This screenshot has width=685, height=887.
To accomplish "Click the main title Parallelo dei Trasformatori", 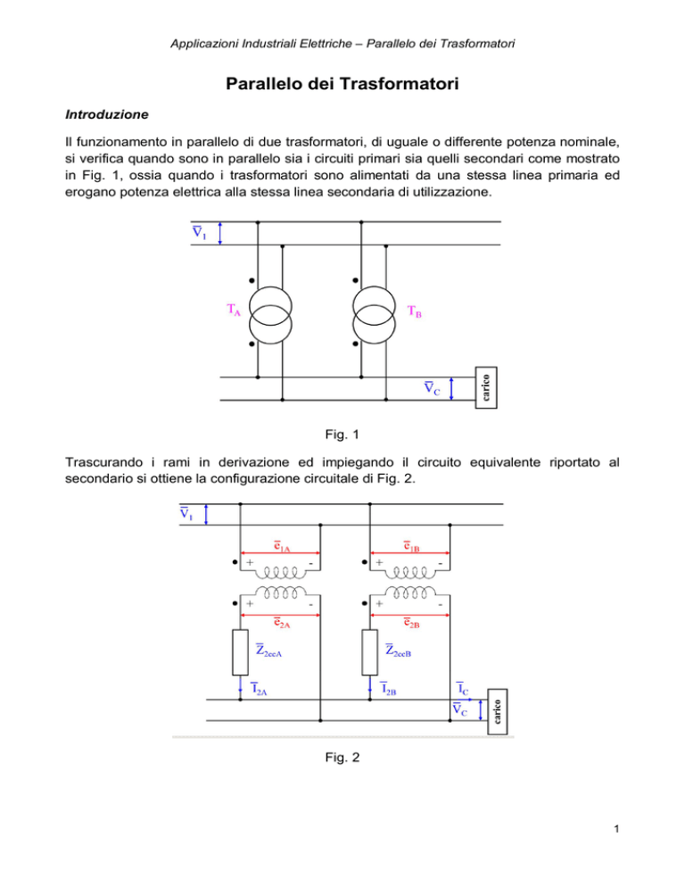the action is pos(342,84).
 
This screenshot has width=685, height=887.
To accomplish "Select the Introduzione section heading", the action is pos(107,114).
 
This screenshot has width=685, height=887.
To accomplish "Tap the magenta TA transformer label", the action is pos(234,310).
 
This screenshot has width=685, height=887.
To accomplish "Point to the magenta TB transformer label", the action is pos(415,311).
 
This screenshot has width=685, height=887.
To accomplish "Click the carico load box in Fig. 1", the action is pos(486,387).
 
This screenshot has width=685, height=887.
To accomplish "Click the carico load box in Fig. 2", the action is pos(497,711).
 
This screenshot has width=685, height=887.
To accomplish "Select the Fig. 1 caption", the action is pos(342,435).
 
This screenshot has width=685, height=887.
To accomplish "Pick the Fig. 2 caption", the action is pos(342,758).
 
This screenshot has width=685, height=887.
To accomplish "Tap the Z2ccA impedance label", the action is pos(268,651).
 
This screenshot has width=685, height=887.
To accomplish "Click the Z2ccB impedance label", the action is pos(398,651).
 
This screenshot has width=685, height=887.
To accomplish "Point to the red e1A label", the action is pos(282,546).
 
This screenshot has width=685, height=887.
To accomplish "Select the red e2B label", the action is pos(411,623).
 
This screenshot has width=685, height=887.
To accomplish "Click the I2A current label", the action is pos(259,688).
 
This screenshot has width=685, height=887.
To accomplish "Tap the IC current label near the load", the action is pos(463,688).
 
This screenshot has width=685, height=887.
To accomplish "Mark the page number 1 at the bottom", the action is pos(616,829).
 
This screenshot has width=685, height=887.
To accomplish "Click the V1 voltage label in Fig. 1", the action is pos(199,233).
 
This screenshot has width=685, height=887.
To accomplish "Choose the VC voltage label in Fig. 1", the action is pos(433,388).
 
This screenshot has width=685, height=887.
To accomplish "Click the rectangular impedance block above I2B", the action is pos(369,652).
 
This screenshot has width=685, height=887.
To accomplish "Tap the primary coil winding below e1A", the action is pos(280,574).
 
